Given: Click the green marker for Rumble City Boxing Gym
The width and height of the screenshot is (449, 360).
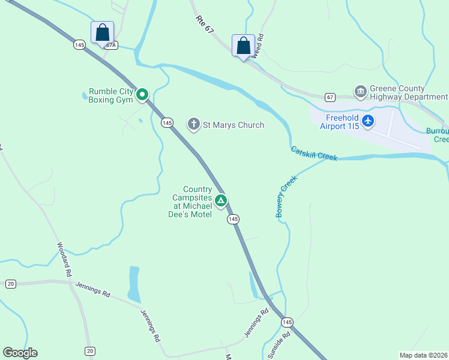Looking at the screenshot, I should click(142, 94).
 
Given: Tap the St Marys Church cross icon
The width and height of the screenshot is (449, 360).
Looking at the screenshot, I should click(194, 124).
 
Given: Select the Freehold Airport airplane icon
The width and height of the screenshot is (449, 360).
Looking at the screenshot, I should click(367, 122).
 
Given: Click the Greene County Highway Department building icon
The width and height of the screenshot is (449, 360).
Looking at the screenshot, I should click(360, 92).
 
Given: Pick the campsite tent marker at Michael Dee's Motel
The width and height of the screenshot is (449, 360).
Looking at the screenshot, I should click(221, 200).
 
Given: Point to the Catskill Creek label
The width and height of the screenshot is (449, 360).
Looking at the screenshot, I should click(314, 154).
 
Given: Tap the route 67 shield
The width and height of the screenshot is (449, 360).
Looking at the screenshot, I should click(330, 97).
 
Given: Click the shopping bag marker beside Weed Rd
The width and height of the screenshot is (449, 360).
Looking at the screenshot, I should click(243, 46).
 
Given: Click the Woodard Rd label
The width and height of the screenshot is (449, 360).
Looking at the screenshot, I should click(64, 259).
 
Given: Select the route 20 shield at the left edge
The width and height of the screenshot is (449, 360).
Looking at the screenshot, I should click(10, 284).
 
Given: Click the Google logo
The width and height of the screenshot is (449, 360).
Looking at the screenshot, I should click(20, 353).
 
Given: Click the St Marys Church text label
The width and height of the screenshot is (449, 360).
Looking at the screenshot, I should click(234, 125).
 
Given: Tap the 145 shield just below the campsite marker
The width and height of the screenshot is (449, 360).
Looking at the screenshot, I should click(233, 220).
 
